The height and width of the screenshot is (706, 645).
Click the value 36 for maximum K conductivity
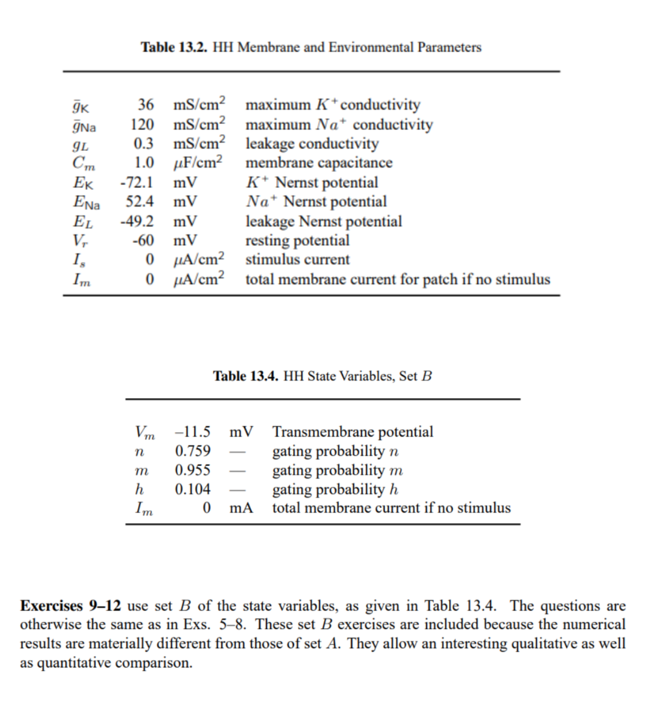145,105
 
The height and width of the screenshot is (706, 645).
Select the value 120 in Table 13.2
142,124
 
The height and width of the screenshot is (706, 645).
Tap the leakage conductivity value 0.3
144,143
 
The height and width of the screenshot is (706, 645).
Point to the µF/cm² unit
198,163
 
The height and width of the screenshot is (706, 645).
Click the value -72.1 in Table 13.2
137,182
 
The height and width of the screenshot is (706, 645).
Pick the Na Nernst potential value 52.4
139,202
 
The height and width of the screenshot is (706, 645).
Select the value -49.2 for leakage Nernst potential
137,221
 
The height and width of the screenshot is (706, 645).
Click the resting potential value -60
143,240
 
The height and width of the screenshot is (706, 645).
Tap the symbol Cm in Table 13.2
83,163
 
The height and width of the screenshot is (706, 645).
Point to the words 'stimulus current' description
297,260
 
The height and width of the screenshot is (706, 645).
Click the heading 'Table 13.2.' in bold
174,47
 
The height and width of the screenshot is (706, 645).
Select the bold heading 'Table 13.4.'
245,376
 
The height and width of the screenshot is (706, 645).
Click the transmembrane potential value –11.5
193,432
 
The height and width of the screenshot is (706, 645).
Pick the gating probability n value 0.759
193,451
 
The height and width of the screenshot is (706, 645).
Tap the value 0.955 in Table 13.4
193,470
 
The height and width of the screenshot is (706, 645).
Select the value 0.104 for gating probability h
193,489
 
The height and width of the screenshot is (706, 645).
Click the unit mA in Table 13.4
241,508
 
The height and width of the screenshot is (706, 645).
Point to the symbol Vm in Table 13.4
145,432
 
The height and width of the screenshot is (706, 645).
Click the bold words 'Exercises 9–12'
70,606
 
